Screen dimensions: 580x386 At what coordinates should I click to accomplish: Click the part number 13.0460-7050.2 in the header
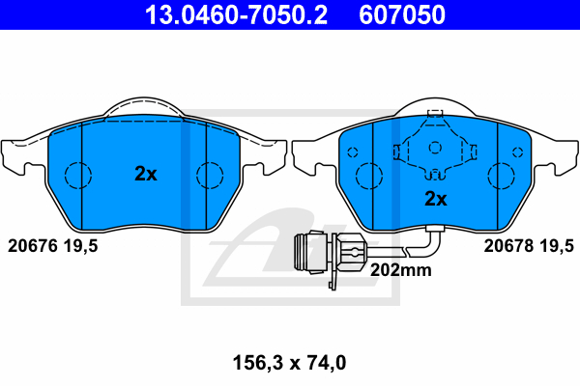coord(236,14)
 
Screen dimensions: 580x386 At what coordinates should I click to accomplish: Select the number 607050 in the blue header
coord(402,14)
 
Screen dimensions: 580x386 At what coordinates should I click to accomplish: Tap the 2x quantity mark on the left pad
coord(146,174)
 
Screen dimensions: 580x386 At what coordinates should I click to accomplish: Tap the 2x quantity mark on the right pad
coord(436,199)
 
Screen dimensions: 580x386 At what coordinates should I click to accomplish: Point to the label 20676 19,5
coord(53,246)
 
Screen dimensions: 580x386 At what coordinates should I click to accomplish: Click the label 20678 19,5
coord(529,246)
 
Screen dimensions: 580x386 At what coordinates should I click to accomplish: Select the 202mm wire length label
coord(401,270)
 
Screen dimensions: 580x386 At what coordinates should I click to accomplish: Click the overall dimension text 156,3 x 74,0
coord(290,363)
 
